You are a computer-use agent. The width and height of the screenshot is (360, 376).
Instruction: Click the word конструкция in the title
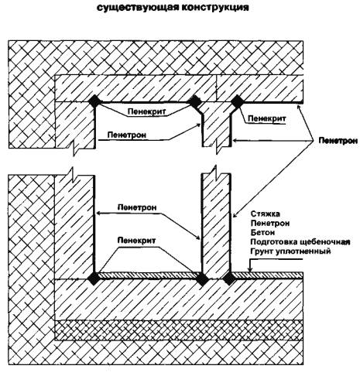tap(215, 7)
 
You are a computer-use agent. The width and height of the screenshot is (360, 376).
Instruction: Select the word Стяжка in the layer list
tap(266, 214)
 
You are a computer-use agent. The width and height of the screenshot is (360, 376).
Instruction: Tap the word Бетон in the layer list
tap(262, 232)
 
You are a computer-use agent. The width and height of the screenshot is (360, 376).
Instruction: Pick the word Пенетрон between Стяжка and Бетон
tap(270, 223)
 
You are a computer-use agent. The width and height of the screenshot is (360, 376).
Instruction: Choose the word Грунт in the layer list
tap(262, 251)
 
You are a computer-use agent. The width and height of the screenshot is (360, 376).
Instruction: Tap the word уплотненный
tap(303, 251)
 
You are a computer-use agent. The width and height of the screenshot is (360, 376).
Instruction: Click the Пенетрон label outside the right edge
tap(338, 141)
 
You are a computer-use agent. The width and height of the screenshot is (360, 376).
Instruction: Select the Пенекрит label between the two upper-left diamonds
tap(146, 111)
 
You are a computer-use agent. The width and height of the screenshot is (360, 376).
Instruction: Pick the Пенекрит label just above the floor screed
tap(136, 241)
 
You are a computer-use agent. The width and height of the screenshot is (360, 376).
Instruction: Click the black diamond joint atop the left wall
tap(94, 101)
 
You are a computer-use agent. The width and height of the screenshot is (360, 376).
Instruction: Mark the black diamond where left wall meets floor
tap(94, 279)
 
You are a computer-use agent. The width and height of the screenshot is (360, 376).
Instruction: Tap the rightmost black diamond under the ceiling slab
tap(237, 101)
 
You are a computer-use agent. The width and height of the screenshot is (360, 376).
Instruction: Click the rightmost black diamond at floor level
tap(229, 279)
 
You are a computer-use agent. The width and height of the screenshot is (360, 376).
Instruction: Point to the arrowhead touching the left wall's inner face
tap(98, 214)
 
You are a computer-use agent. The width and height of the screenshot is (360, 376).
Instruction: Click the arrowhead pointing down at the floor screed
tap(249, 268)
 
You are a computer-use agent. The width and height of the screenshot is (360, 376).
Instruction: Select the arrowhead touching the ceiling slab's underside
tap(300, 106)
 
